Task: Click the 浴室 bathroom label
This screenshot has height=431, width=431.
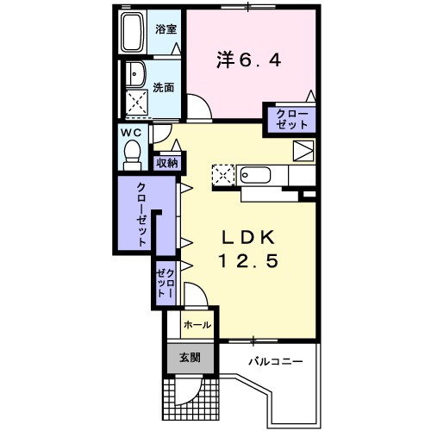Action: pyautogui.click(x=166, y=28)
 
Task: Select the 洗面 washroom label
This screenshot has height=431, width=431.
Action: pyautogui.click(x=166, y=87)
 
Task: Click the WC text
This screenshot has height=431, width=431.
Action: pyautogui.click(x=132, y=133)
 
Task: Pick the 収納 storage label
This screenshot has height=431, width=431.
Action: pyautogui.click(x=166, y=162)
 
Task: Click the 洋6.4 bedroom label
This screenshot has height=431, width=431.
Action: pyautogui.click(x=247, y=60)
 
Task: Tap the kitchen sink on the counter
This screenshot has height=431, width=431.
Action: pyautogui.click(x=253, y=175)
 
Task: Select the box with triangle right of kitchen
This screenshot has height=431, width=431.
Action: pyautogui.click(x=303, y=150)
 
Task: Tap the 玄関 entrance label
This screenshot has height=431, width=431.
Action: pyautogui.click(x=190, y=358)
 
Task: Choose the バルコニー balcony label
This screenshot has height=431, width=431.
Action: pyautogui.click(x=276, y=360)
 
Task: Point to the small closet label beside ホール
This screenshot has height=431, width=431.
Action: pyautogui.click(x=166, y=283)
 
